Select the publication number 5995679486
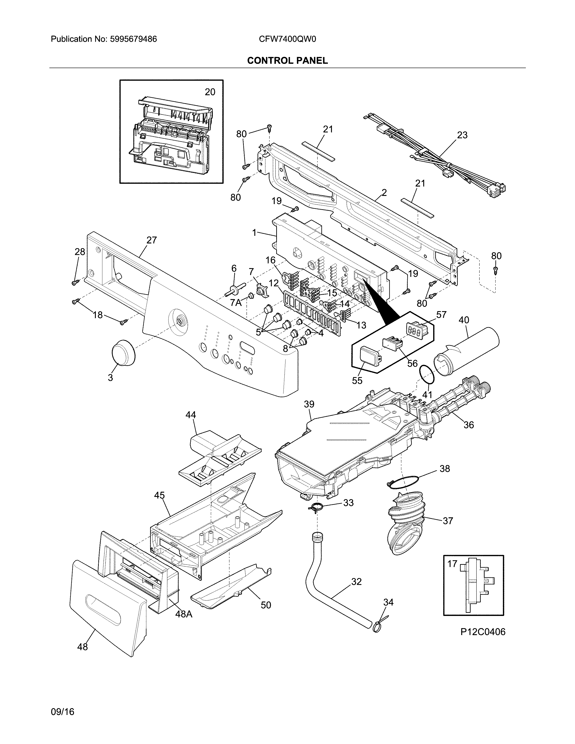pyautogui.click(x=133, y=39)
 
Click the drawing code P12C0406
pyautogui.click(x=483, y=632)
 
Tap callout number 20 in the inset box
pyautogui.click(x=210, y=92)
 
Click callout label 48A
pyautogui.click(x=184, y=614)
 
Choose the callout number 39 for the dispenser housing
pyautogui.click(x=309, y=404)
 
